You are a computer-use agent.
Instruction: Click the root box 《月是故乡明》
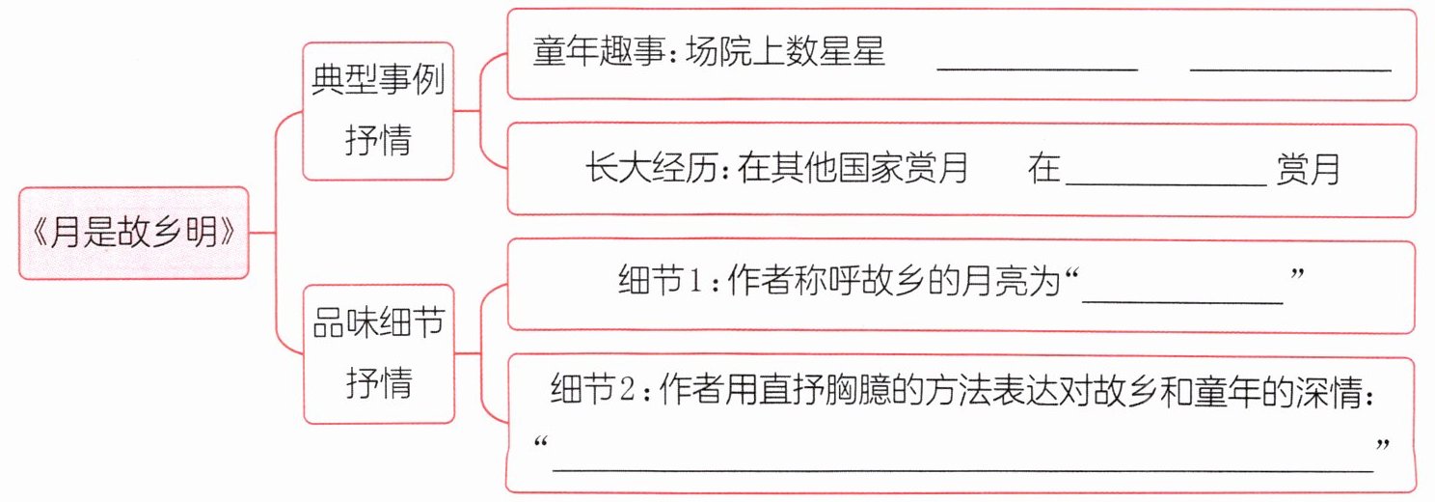[x=134, y=234]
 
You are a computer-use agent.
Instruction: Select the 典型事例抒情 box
[x=378, y=111]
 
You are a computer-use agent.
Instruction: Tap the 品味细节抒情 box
[x=378, y=353]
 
